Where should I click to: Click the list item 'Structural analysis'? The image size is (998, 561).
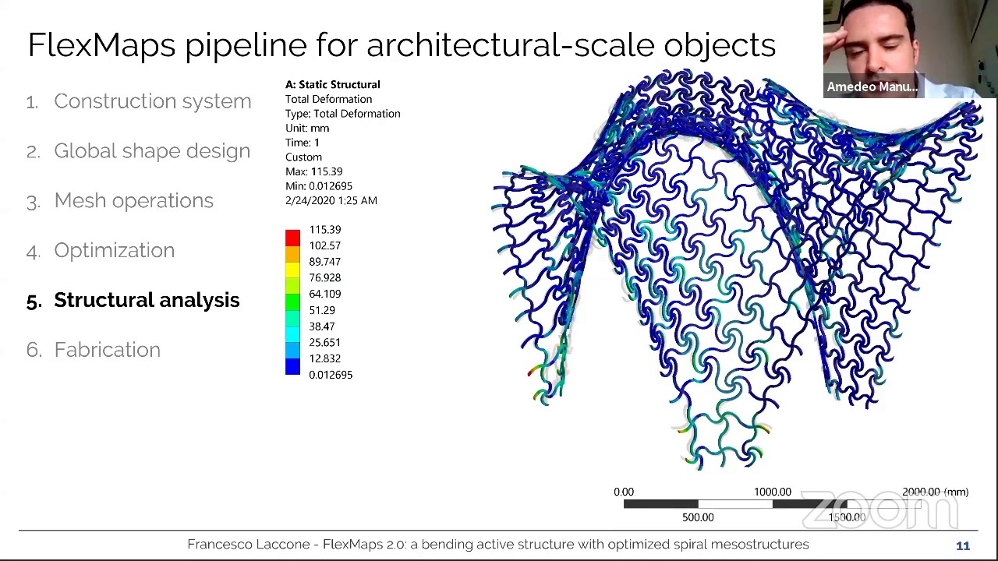pos(147,300)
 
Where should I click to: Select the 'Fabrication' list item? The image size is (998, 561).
pos(107,350)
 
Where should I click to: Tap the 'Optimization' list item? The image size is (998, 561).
pos(114,250)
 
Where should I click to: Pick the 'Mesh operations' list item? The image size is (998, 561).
pos(133,200)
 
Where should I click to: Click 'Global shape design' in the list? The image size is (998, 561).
pos(152,151)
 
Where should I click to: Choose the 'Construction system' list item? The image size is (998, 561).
pos(152,101)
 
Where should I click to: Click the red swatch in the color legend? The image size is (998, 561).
pos(292,238)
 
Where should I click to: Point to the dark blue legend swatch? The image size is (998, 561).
pos(292,367)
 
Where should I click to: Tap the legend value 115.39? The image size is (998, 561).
pos(324,230)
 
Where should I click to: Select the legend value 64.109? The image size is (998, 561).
pos(324,294)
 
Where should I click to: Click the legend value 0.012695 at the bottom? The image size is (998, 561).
pos(331,375)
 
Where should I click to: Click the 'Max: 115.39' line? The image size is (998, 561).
pos(313,171)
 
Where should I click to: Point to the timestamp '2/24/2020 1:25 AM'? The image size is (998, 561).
pos(331,200)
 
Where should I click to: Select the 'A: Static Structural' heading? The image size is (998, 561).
pos(332,84)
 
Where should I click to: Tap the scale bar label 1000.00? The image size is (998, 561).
pos(772,492)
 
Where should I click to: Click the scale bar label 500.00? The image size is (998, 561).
pos(698,517)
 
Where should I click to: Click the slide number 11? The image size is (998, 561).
pos(963,546)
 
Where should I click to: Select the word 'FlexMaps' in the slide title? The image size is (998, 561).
pos(101,45)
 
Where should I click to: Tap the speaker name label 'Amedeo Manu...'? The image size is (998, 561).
pos(872,86)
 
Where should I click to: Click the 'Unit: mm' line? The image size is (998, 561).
pos(307,128)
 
